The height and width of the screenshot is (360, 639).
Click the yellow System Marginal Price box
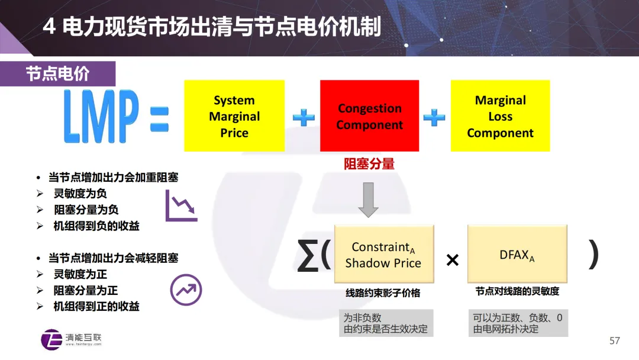(x=234, y=116)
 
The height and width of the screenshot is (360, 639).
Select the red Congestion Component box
(x=370, y=116)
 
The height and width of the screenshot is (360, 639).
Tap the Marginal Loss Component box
(x=501, y=116)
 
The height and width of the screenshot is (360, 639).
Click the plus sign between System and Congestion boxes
(x=303, y=117)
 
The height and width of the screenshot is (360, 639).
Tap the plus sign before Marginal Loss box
(x=434, y=117)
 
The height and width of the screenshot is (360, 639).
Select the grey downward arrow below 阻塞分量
(x=369, y=200)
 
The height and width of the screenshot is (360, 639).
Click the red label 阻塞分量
(x=369, y=164)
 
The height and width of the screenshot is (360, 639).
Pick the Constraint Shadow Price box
(x=384, y=254)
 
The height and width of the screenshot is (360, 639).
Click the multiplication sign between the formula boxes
(x=452, y=259)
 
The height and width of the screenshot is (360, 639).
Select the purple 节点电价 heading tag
(x=57, y=73)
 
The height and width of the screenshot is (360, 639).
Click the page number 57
(x=615, y=340)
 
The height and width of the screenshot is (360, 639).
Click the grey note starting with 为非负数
(x=385, y=323)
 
